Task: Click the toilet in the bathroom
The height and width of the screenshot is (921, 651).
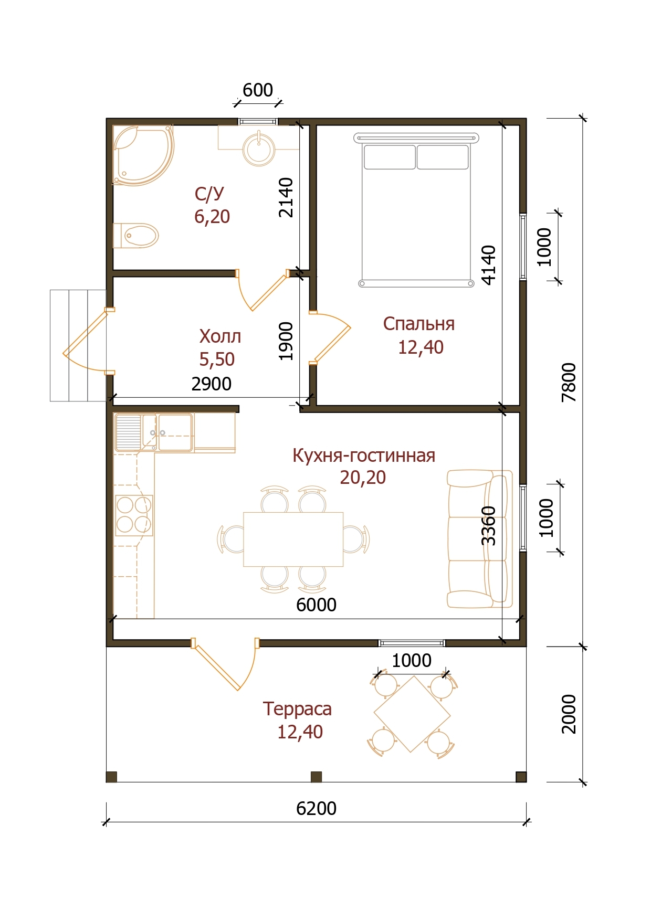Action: (135, 236)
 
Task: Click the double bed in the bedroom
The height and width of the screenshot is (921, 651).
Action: (416, 210)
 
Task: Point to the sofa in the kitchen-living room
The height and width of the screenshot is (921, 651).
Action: (479, 539)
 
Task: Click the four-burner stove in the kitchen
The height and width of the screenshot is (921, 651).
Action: (134, 515)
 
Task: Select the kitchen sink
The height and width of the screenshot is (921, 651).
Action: (154, 433)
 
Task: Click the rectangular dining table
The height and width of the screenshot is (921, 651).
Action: (293, 539)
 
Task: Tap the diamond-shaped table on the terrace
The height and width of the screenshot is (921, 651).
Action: (412, 714)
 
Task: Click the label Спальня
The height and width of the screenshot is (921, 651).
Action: (418, 324)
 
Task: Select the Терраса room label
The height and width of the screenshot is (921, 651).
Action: (297, 709)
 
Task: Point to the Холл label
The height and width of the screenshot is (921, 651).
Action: (220, 336)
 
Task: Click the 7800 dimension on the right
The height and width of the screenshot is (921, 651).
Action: (569, 382)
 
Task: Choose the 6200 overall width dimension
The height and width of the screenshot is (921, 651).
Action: (316, 808)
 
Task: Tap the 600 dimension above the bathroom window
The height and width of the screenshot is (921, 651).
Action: (257, 90)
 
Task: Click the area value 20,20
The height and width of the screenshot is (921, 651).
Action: (363, 477)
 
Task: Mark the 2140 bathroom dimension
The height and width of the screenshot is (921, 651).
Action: (286, 197)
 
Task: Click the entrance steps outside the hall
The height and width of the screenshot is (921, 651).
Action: (78, 345)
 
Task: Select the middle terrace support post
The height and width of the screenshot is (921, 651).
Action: (316, 777)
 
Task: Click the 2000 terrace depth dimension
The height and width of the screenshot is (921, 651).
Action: (569, 714)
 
